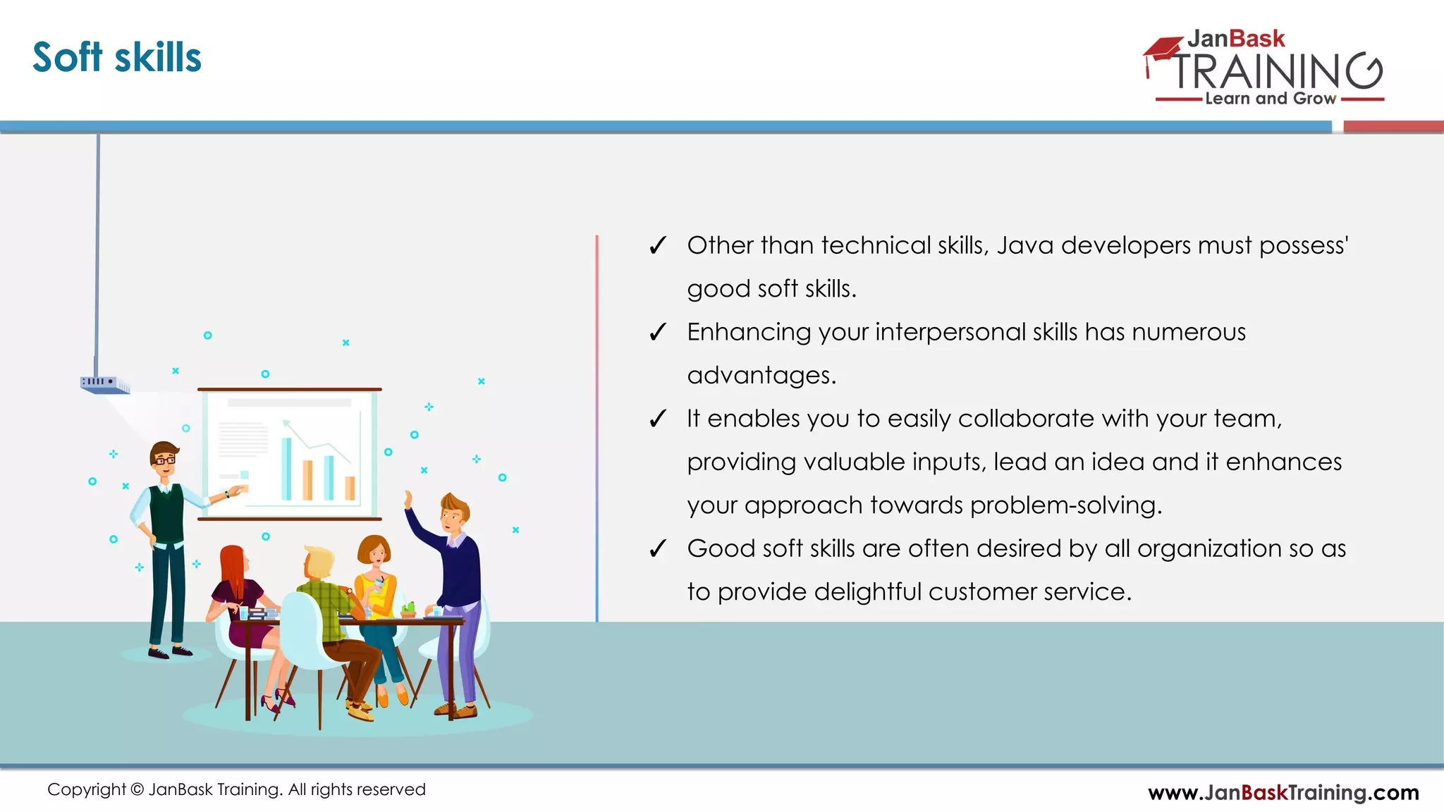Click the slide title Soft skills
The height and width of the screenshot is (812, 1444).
(x=117, y=58)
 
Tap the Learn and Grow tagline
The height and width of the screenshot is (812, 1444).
(x=1270, y=99)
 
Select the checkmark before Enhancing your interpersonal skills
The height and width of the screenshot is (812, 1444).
(x=657, y=332)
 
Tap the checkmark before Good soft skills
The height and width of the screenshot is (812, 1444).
(x=657, y=548)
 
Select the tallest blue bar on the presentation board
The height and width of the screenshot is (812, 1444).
(x=286, y=468)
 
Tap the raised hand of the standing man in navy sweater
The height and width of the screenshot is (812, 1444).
(x=408, y=499)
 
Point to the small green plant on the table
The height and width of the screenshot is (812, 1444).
(x=408, y=608)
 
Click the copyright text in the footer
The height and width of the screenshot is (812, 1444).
(x=236, y=789)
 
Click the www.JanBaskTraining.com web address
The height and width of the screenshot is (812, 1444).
(x=1283, y=792)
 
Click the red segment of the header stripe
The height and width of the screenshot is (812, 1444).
(x=1393, y=127)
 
